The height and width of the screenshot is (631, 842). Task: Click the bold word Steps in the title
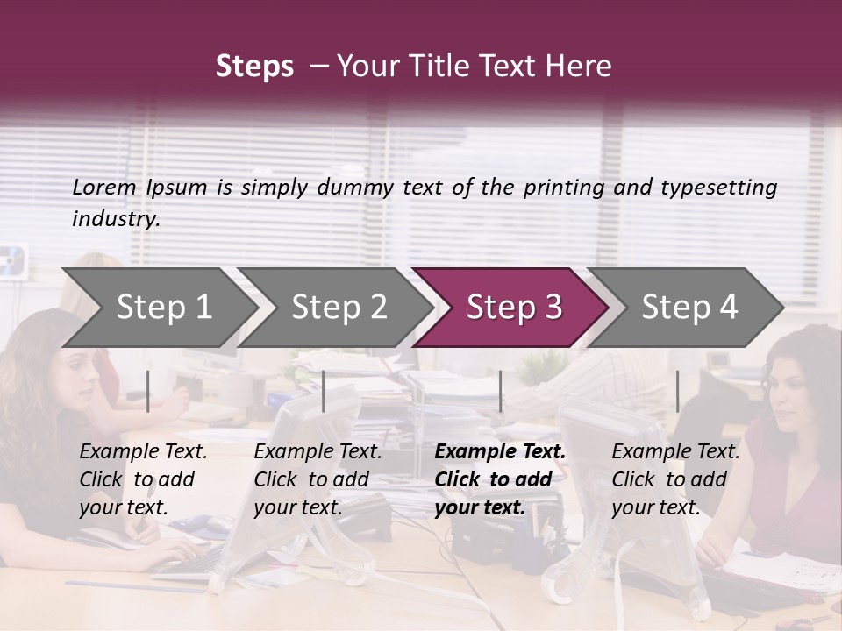click(254, 67)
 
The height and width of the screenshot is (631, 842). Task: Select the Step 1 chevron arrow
click(158, 308)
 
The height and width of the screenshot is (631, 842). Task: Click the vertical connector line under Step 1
click(148, 391)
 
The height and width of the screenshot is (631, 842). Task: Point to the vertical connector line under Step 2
click(324, 391)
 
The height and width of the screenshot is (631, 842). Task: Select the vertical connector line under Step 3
click(501, 391)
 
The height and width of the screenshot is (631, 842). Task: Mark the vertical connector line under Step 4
click(677, 391)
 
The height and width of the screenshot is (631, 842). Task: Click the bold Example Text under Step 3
click(500, 451)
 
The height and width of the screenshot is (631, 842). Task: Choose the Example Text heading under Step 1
click(143, 451)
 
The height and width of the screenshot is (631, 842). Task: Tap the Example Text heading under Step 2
click(318, 451)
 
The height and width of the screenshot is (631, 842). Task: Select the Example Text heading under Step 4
click(675, 451)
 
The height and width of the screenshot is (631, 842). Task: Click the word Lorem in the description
click(104, 187)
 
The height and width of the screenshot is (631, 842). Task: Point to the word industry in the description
click(115, 219)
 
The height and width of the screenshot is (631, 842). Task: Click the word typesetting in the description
click(718, 188)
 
